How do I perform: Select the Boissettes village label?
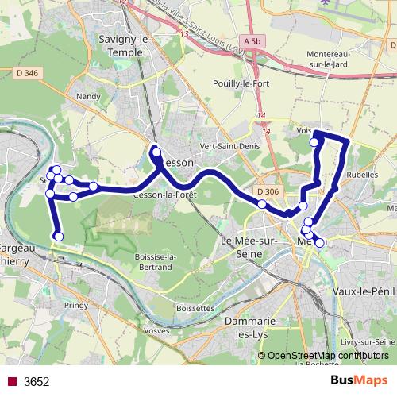click(194, 307)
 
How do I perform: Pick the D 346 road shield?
click(25, 73)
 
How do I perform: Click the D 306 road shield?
click(268, 191)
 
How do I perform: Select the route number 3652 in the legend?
click(37, 381)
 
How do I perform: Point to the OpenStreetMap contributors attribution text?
click(329, 355)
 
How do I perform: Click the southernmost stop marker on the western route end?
click(58, 235)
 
